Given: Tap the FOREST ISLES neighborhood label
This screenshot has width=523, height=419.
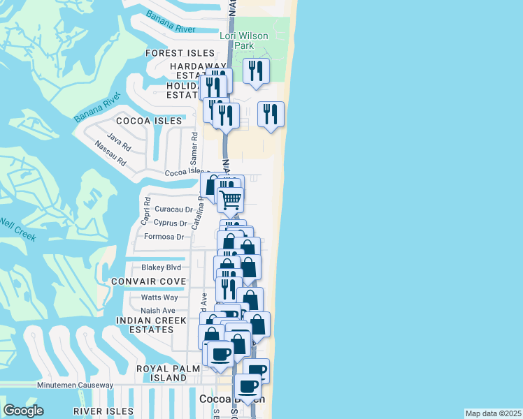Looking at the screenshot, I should [180, 53].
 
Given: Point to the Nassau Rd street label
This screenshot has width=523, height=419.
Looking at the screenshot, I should [112, 153].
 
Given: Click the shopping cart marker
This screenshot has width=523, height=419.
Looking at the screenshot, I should [230, 200].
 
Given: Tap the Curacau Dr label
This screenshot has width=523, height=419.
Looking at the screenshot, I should [173, 209].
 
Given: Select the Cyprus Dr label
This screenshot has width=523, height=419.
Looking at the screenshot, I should [170, 223].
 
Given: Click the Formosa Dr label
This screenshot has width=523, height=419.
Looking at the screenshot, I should [164, 237].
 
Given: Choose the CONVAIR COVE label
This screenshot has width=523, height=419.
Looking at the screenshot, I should [148, 281].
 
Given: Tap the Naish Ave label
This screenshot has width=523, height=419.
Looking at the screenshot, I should [158, 311].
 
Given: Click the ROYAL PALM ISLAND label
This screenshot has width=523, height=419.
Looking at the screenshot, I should [162, 372].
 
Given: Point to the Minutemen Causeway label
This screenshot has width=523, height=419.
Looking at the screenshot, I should [75, 385].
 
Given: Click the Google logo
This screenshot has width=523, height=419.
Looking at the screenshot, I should [23, 411].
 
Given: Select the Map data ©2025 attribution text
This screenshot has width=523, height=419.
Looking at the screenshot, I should [494, 413].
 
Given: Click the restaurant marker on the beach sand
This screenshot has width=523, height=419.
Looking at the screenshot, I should [271, 114].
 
